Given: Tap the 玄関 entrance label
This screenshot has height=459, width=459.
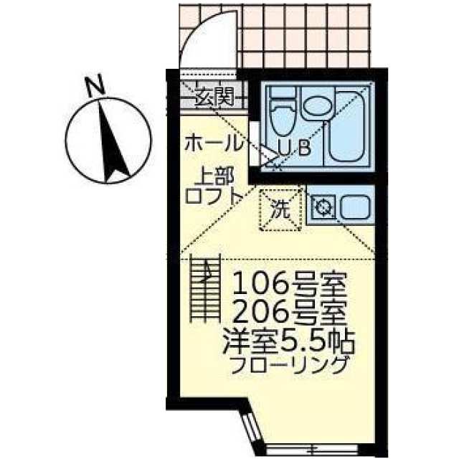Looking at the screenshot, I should (214, 93).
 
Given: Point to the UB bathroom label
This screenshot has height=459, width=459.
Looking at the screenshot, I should (295, 148).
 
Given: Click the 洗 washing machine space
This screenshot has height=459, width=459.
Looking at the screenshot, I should (280, 209).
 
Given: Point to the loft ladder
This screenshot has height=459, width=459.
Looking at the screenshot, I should (206, 288).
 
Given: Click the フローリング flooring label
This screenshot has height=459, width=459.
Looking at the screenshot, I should (290, 364).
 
